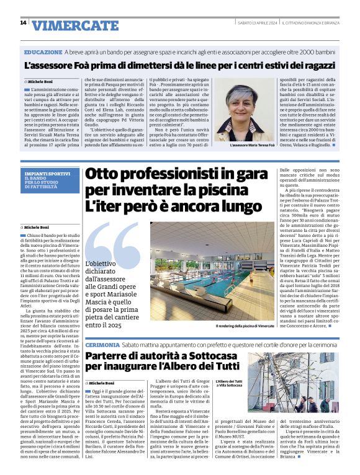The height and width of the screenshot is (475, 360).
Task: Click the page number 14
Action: click(x=23, y=23)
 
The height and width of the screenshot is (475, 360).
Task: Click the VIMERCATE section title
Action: click(x=75, y=25)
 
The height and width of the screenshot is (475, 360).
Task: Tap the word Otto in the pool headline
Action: click(x=104, y=175)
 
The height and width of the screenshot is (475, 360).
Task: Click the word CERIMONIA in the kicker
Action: click(x=104, y=344)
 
